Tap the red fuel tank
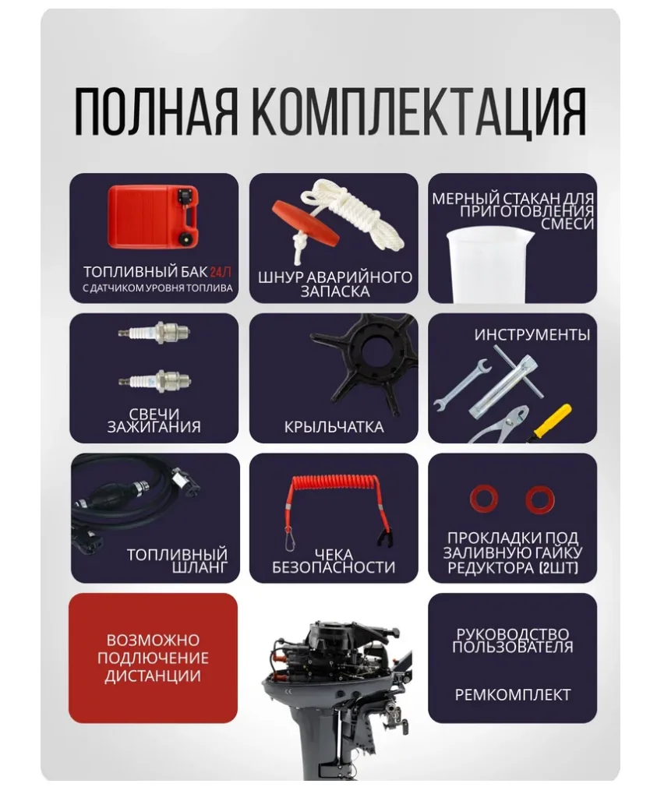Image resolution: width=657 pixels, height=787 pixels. pyautogui.click(x=154, y=217)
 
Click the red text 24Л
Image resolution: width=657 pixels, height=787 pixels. pyautogui.click(x=221, y=272)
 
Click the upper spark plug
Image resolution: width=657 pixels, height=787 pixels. pyautogui.click(x=154, y=332)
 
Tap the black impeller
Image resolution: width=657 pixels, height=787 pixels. pyautogui.click(x=368, y=362)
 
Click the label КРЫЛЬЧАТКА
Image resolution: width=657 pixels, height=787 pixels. pyautogui.click(x=334, y=427)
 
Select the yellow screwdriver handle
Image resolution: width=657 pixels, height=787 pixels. pyautogui.click(x=552, y=421)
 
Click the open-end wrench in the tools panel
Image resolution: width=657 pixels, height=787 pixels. pyautogui.click(x=462, y=385)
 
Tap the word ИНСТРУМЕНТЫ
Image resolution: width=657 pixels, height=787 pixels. pyautogui.click(x=532, y=335)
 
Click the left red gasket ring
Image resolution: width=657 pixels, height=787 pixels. pyautogui.click(x=484, y=499)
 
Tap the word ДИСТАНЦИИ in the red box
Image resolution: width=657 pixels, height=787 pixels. pyautogui.click(x=153, y=676)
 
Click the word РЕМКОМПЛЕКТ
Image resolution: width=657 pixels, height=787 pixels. pyautogui.click(x=513, y=694)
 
